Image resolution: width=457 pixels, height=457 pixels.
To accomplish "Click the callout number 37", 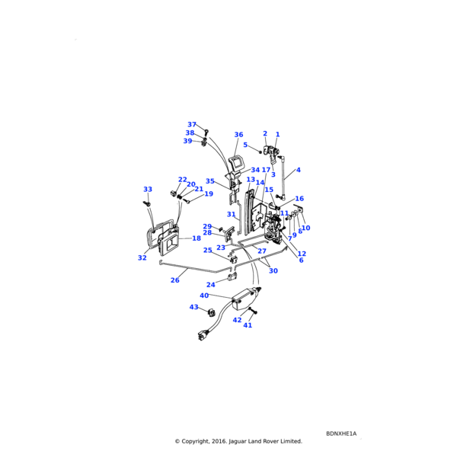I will (x=192, y=124).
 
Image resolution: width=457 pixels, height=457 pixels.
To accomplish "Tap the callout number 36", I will (x=238, y=135).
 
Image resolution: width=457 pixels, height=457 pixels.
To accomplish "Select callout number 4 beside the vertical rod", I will (x=298, y=170).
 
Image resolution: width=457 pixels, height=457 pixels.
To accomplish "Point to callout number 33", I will (x=148, y=189).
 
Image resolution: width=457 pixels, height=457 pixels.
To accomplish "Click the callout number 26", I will (x=174, y=280).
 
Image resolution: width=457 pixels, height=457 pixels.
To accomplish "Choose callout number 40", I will (x=204, y=296).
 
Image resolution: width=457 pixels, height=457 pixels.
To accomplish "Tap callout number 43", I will (x=193, y=307).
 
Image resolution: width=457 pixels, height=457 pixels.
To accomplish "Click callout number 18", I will (x=196, y=238).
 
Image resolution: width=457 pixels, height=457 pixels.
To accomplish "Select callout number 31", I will (x=231, y=215).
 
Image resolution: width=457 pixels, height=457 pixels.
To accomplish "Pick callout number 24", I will (x=211, y=285).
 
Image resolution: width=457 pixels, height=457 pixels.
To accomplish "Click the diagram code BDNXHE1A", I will (x=340, y=433).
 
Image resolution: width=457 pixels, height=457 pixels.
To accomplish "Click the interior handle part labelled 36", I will (x=235, y=163).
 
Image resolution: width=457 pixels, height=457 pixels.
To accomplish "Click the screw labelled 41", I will (x=254, y=314).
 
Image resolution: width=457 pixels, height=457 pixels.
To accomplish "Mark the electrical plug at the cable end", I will (x=203, y=333).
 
